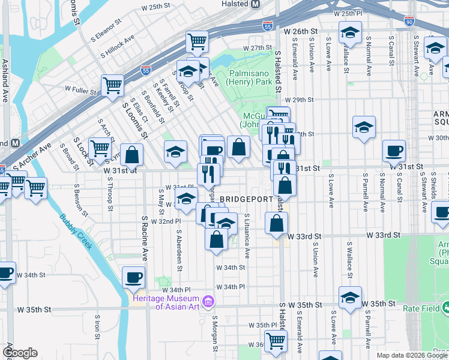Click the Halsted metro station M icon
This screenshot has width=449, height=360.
point(255,4)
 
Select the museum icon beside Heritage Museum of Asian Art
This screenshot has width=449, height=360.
point(208,300)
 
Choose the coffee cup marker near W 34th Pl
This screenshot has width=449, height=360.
point(133,276)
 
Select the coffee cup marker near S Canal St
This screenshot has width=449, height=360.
point(394,149)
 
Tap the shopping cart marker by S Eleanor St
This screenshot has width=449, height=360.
point(197,41)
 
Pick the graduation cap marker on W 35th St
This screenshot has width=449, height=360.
point(350,297)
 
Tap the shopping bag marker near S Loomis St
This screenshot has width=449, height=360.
point(131,154)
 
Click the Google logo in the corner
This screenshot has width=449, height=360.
point(20,353)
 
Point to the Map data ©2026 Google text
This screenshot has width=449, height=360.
point(412,355)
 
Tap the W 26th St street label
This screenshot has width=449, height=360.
point(301,30)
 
